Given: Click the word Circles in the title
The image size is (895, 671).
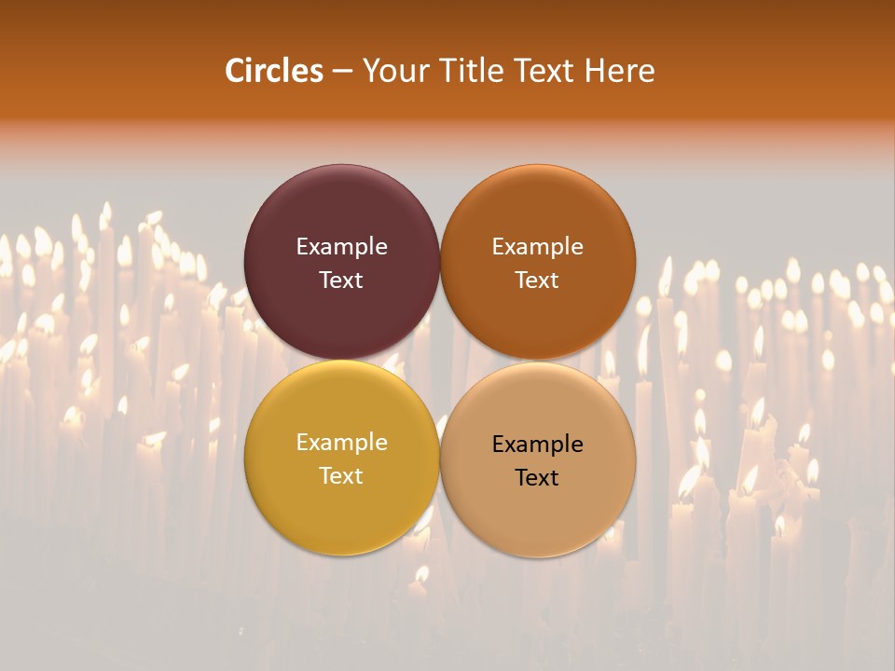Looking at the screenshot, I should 274,71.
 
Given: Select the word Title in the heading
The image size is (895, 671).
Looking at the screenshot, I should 465,71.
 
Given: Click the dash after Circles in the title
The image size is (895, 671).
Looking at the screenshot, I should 342,72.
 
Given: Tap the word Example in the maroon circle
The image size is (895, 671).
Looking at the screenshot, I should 341,247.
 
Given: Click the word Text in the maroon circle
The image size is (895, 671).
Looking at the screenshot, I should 341,280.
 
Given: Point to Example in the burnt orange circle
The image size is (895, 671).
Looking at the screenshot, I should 538,247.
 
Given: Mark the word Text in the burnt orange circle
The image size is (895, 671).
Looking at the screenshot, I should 538,280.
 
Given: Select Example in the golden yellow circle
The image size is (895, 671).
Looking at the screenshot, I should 341,443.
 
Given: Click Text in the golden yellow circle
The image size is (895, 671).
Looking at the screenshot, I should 341,475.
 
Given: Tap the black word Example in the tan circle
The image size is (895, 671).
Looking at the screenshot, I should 538,445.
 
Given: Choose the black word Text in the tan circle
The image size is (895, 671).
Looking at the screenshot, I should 538,477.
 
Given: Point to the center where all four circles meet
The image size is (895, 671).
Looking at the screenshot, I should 440,360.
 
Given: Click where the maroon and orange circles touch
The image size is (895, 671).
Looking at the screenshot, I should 440,262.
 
